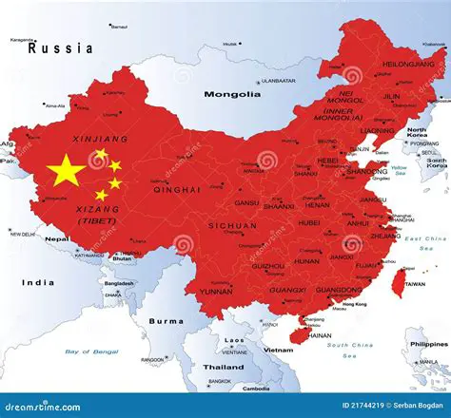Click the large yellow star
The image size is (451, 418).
pyautogui.click(x=66, y=171)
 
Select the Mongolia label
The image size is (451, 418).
pyautogui.click(x=230, y=94)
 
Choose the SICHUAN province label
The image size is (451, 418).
pyautogui.click(x=232, y=226)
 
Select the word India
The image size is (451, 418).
pyautogui.click(x=38, y=282)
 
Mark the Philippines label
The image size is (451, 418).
pyautogui.click(x=427, y=343)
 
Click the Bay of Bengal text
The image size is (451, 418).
pyautogui.click(x=90, y=351)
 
